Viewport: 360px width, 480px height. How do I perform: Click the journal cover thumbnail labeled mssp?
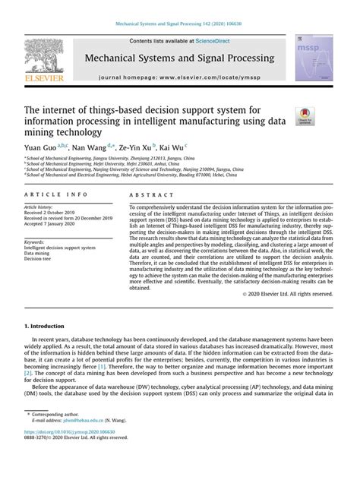pyautogui.click(x=317, y=57)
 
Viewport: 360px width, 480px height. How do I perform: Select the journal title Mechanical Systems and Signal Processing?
pyautogui.click(x=179, y=58)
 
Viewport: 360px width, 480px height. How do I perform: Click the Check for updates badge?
pyautogui.click(x=305, y=115)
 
